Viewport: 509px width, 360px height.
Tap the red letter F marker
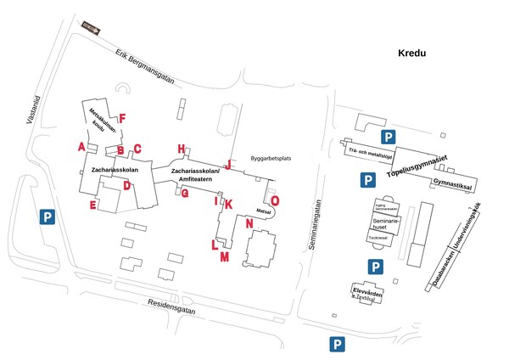point(122,118)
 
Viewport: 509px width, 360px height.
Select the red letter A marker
point(81,147)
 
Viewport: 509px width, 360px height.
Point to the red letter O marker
point(274,200)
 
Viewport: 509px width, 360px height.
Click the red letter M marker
point(224,256)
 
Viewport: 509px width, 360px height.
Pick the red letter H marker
point(181,149)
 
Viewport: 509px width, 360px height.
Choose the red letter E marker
point(92,205)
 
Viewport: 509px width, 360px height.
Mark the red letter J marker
point(227,164)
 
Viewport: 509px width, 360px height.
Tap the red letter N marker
point(249,223)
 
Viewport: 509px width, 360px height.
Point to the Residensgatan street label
point(171,307)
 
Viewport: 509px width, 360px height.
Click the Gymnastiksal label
point(451,183)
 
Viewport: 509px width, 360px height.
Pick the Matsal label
point(263,210)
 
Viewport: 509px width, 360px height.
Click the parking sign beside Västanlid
point(48,217)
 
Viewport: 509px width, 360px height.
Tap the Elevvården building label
point(366,293)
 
